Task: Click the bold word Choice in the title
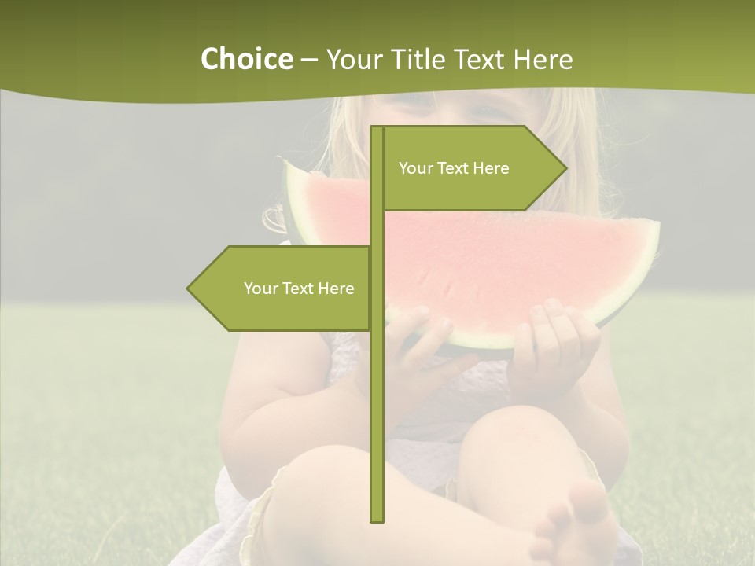coord(246,59)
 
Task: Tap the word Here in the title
coord(543,59)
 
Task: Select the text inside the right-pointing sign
coord(454,168)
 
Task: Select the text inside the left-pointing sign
coord(299,289)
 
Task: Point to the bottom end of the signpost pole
coord(377,519)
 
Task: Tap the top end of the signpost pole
coord(377,129)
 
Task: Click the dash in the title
coord(309,60)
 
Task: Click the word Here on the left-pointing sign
coord(336,289)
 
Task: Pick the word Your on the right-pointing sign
coord(416,168)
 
